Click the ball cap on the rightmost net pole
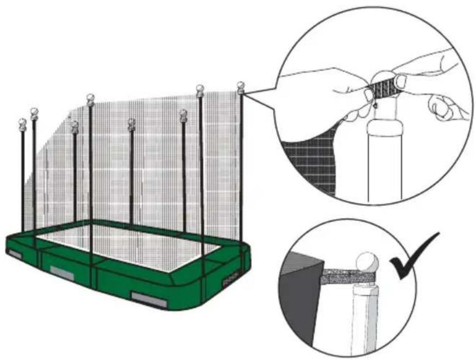(x=241, y=86)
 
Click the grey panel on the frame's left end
(x=15, y=254)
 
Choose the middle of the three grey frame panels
(x=62, y=273)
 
